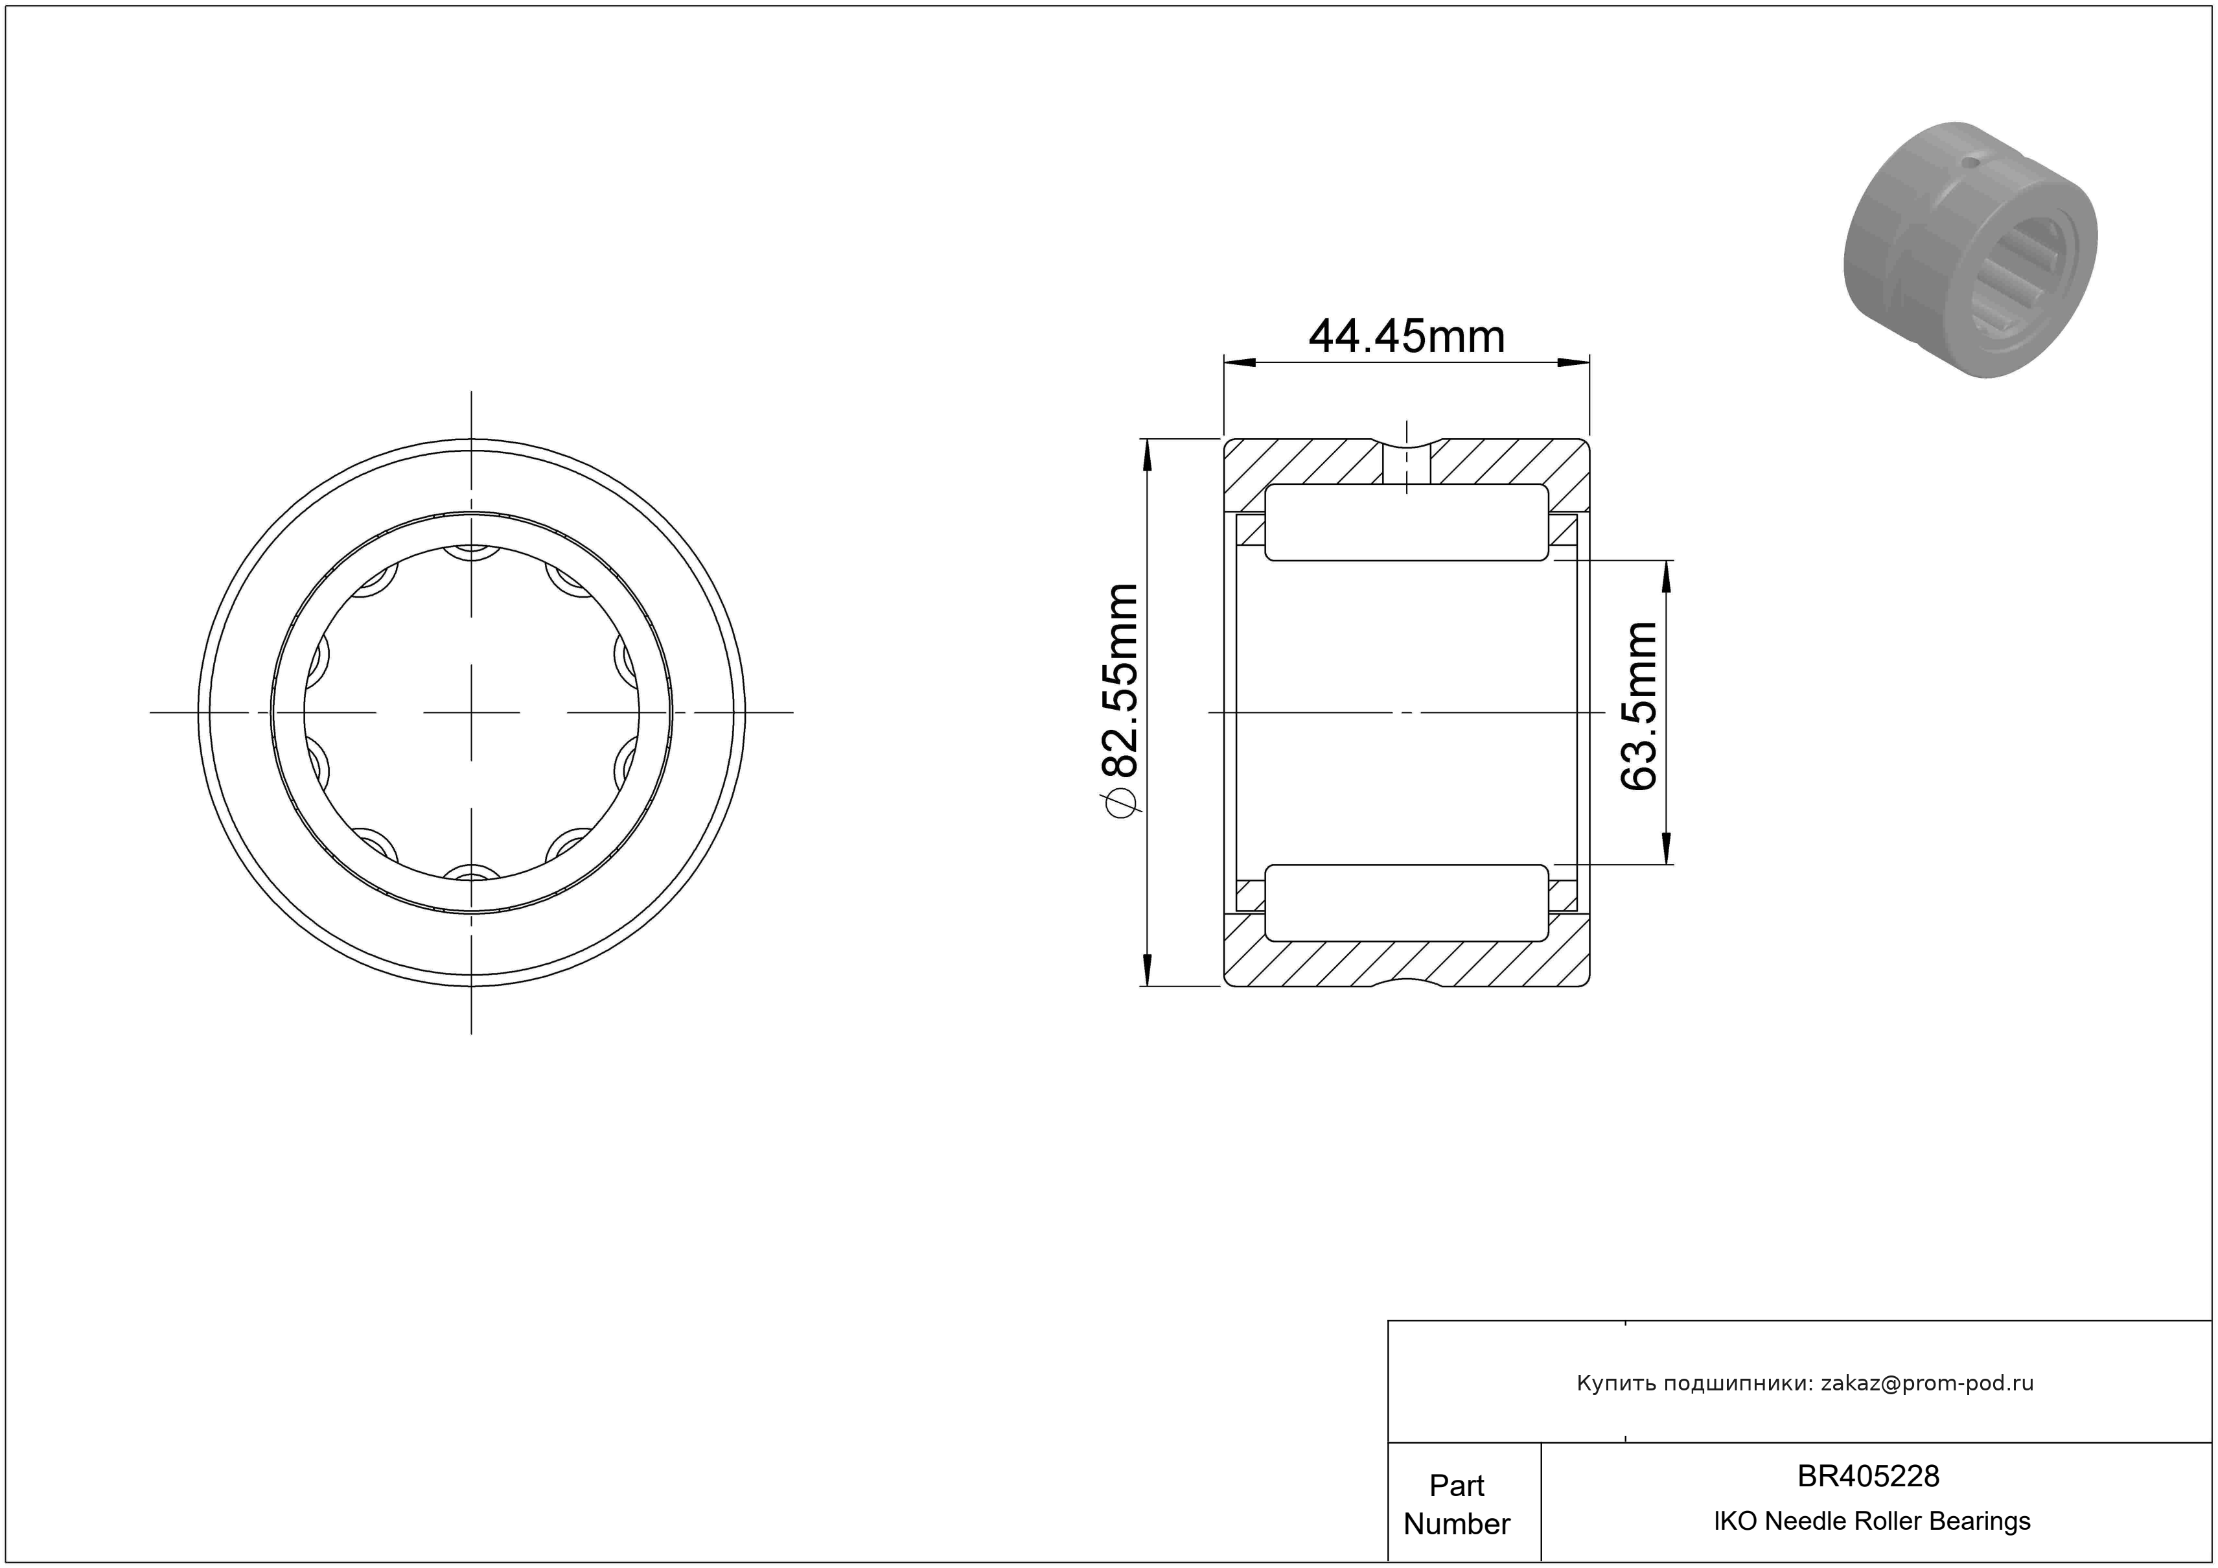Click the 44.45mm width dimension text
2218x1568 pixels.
click(x=1407, y=337)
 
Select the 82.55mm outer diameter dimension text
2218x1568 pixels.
click(x=1120, y=681)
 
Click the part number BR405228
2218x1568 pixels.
click(x=1868, y=1476)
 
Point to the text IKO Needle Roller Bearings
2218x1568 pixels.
click(x=1872, y=1521)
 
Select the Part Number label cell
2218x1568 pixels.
click(x=1457, y=1504)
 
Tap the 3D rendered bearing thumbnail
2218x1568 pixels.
click(x=1970, y=250)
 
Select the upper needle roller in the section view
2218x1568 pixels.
click(x=1407, y=522)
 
